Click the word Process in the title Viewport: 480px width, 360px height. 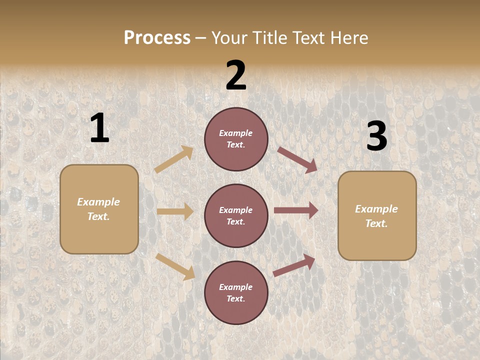coord(157,38)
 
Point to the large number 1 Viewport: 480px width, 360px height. coord(99,128)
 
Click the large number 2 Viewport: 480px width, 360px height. coord(236,75)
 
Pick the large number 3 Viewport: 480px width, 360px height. coord(376,136)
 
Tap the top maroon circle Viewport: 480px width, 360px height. coord(236,139)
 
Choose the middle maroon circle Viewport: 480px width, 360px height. coord(236,216)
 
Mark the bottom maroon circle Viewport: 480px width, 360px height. coord(236,293)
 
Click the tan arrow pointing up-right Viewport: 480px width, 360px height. coord(174,159)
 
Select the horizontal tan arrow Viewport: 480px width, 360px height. coord(175,211)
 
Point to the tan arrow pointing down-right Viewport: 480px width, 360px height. coord(175,266)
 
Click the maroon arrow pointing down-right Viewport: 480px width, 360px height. coord(297,160)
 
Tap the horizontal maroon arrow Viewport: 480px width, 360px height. coord(296,210)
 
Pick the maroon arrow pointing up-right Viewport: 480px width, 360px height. coord(294,265)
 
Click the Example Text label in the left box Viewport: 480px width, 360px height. coord(98,209)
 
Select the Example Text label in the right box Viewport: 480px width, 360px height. coord(376,216)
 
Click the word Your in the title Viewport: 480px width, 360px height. coord(231,38)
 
